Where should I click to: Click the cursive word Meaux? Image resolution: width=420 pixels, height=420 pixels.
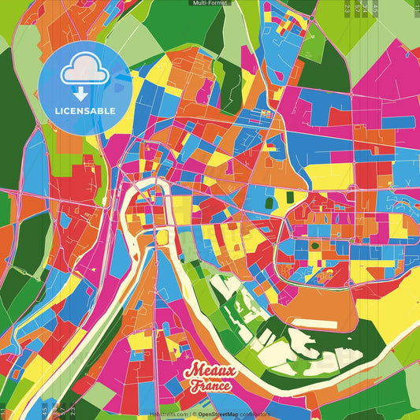point(209,371)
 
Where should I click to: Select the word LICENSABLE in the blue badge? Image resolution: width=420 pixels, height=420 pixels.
point(85,111)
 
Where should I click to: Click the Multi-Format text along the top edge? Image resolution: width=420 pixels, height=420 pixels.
point(210,3)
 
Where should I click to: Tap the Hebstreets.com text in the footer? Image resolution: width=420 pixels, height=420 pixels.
point(168,413)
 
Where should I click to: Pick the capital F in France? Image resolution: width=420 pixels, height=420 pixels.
point(194,385)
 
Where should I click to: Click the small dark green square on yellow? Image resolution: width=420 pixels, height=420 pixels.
point(314,245)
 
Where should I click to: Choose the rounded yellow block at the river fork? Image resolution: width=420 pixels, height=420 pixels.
point(163,237)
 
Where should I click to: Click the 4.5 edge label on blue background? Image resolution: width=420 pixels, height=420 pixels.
point(45,409)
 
